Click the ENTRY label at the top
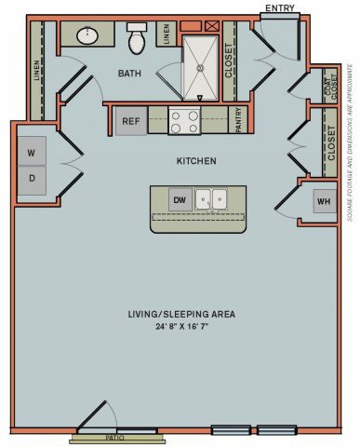[x=280, y=8]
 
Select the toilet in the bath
[x=137, y=39]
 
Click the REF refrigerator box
[x=129, y=120]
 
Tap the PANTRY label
[x=238, y=120]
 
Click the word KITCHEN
[x=196, y=161]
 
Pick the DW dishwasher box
[x=179, y=199]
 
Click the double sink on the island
[x=212, y=199]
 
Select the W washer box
[x=31, y=152]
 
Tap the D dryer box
[x=31, y=178]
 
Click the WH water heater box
[x=323, y=201]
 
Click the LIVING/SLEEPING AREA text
[x=181, y=315]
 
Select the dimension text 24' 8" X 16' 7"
[x=181, y=328]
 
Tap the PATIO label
[x=114, y=436]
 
